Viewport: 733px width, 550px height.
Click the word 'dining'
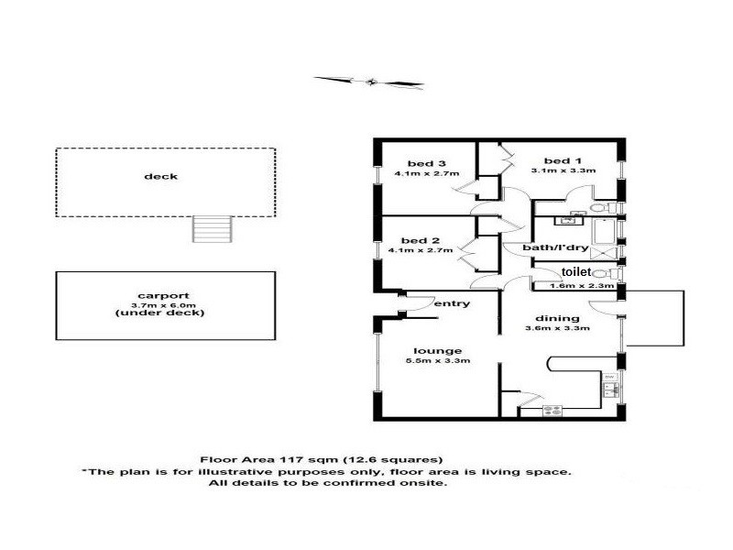click(553, 319)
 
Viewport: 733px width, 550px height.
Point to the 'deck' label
click(166, 177)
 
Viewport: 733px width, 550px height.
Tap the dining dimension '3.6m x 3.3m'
click(563, 328)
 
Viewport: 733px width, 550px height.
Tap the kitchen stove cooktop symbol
click(552, 412)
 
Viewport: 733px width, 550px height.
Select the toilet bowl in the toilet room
click(602, 273)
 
